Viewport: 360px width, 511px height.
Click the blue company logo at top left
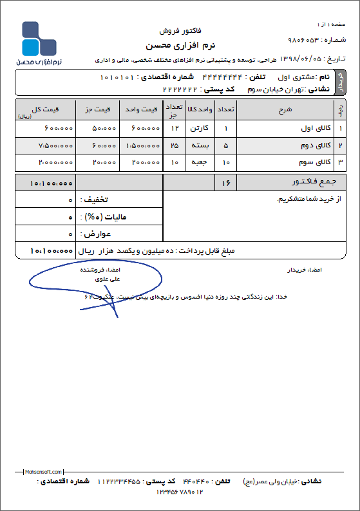[x=41, y=40]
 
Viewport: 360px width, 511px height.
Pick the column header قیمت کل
[x=45, y=109]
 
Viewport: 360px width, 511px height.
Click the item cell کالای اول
[x=315, y=127]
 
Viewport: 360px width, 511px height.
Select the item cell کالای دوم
[x=315, y=145]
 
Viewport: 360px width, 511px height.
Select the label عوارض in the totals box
[x=95, y=232]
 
